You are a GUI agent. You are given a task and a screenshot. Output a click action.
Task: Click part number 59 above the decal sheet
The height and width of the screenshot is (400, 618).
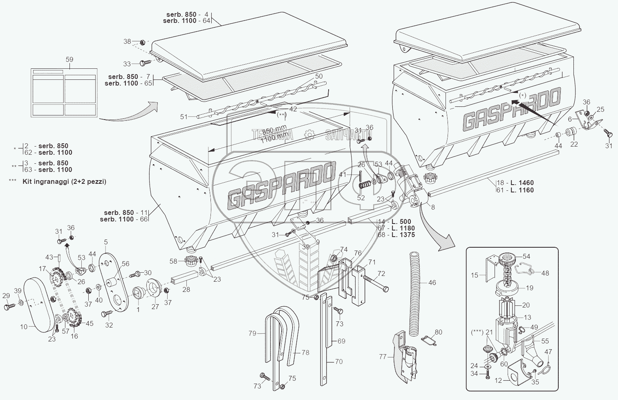pos(69,60)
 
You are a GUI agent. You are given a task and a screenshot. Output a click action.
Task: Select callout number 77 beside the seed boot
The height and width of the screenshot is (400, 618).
pos(383,357)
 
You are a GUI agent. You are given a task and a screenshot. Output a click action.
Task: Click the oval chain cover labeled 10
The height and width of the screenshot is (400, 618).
pos(39,303)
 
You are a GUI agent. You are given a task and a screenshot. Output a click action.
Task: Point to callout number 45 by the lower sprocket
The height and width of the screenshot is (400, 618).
pos(89,323)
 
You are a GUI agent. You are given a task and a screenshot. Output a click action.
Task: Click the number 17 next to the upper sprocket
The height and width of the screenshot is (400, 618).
pos(43,269)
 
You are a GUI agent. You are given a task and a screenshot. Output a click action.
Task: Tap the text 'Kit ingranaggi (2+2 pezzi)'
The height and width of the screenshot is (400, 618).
pos(64,181)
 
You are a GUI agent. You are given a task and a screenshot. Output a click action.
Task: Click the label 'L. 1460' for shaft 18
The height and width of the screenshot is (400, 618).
pos(521,183)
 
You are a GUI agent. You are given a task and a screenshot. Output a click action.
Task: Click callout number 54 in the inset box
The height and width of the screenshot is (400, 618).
pos(526,256)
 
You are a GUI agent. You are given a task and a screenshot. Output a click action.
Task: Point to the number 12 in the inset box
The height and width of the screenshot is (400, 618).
pos(498,381)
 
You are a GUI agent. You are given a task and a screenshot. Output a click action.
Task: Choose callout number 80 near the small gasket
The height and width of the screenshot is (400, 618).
pos(438,332)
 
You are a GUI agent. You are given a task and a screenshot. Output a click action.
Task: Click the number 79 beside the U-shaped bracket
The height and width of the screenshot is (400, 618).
pos(252,333)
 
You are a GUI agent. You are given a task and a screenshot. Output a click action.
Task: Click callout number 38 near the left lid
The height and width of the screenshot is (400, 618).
pos(127,41)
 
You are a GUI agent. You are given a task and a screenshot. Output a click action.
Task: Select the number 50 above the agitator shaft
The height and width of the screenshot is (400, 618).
pos(318,77)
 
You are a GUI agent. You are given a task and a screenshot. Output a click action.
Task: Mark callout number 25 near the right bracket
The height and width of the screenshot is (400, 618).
pos(600,109)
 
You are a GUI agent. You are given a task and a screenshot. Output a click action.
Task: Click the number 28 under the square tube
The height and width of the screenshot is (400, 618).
pos(186,289)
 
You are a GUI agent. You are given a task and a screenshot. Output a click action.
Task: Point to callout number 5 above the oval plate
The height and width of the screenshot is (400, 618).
pos(105,242)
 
